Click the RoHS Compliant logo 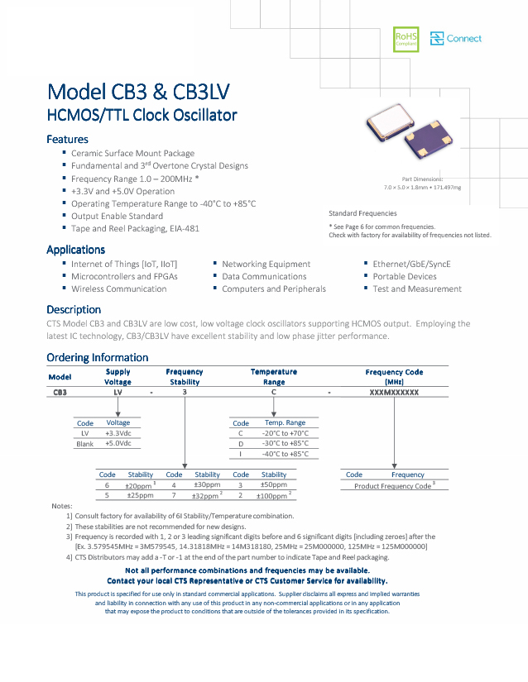coord(406,39)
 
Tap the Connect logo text coord(463,39)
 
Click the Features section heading coord(67,140)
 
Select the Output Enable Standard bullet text coord(117,216)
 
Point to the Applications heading coord(75,250)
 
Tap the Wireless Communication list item coord(118,289)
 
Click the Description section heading coord(74,310)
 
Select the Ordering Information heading coord(97,358)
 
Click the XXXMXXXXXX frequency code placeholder coord(394,393)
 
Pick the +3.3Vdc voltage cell coord(118,433)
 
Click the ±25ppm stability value coord(140,496)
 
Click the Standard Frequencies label coord(362,213)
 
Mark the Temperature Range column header coord(274,377)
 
